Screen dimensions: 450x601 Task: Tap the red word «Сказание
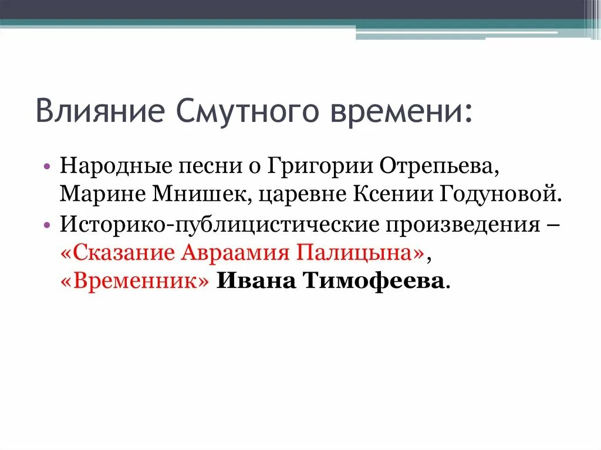(117, 253)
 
